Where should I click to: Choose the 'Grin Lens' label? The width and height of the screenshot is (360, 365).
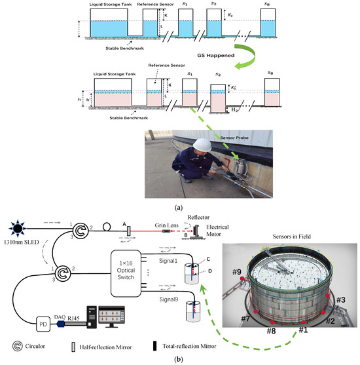tap(163, 222)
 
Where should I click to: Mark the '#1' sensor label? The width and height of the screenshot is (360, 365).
tap(303, 330)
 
